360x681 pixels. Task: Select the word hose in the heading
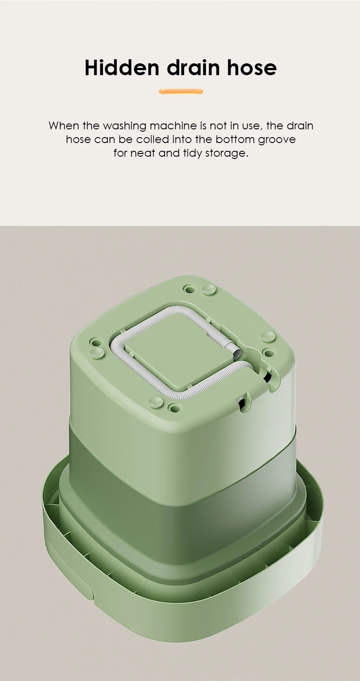pyautogui.click(x=252, y=68)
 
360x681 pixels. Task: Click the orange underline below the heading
pyautogui.click(x=181, y=92)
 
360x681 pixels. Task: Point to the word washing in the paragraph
pyautogui.click(x=124, y=126)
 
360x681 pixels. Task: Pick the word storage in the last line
pyautogui.click(x=226, y=153)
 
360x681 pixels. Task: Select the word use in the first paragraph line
pyautogui.click(x=251, y=126)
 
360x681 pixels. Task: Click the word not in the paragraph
pyautogui.click(x=218, y=126)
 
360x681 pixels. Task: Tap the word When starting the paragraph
pyautogui.click(x=64, y=126)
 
